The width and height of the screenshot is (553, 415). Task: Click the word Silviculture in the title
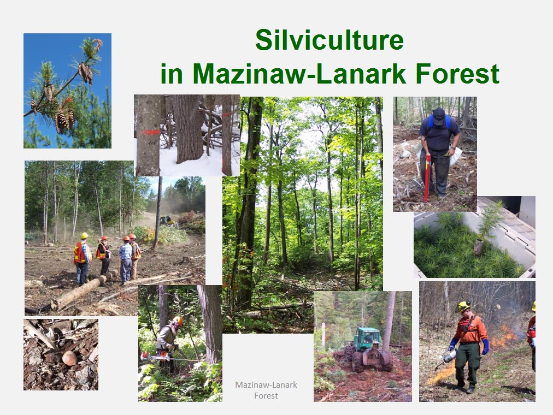330,40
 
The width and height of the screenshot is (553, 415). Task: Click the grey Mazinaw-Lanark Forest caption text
266,390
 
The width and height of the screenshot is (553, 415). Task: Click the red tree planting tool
427,177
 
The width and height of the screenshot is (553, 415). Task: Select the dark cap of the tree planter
438,115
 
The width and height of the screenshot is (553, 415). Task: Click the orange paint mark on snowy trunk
151,132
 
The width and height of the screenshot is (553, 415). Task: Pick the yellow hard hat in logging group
84,236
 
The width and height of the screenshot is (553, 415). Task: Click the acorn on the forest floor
69,358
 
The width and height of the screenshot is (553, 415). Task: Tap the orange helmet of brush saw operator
178,321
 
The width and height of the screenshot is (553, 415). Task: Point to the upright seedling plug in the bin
479,247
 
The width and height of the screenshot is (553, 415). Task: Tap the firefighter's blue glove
486,347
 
